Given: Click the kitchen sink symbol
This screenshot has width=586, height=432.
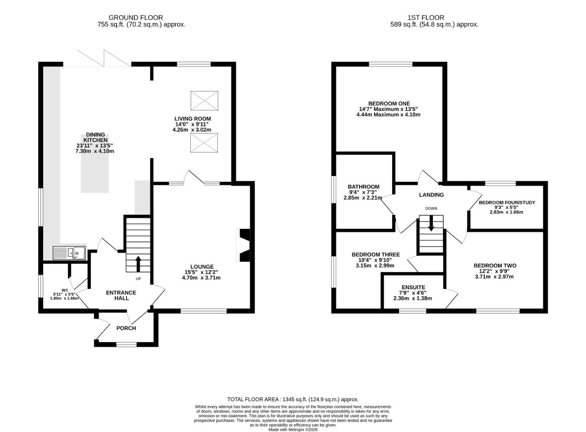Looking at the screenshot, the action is (x=69, y=253).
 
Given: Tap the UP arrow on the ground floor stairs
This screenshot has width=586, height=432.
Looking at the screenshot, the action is (x=138, y=264).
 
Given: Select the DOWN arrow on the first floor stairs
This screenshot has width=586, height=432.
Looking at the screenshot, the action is (x=431, y=223).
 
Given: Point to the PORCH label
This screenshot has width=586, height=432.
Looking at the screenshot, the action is (x=126, y=328).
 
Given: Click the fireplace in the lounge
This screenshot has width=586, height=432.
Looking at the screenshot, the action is (x=243, y=245).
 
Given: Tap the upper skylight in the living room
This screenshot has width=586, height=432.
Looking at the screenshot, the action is (x=204, y=100).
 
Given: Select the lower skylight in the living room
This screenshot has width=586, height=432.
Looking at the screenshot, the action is (x=204, y=143).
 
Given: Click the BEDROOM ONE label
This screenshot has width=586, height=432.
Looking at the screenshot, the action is (x=389, y=104).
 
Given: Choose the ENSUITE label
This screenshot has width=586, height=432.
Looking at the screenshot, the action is (x=414, y=287).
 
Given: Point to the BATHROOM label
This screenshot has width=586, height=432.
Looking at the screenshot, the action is (x=364, y=187).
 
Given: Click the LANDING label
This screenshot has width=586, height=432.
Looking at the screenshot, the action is (x=431, y=195).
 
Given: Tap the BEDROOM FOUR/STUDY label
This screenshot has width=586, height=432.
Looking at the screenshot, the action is (x=507, y=202).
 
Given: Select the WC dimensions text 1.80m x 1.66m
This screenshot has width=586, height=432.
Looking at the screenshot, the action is (x=64, y=298).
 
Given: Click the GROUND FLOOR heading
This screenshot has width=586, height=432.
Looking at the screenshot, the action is (x=136, y=18).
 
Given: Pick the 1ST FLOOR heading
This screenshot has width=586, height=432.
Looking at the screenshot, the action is (x=426, y=18).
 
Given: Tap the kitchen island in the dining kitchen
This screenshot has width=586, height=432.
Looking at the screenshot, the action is (x=95, y=164).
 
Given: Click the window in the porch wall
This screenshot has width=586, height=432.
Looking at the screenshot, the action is (x=127, y=344).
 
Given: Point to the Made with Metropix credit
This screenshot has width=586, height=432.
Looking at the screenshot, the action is (x=293, y=430).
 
